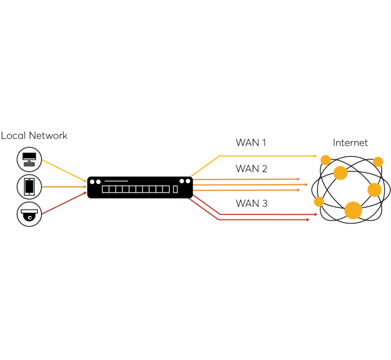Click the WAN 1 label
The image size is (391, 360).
coord(251,143)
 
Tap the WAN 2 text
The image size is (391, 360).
coord(251,168)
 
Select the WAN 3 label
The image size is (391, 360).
coord(251,203)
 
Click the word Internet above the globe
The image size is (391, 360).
coord(350,143)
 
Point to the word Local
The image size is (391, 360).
coord(13,136)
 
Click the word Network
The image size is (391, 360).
coord(48,136)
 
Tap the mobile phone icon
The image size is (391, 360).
coord(29,187)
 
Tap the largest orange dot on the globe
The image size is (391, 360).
coord(353,210)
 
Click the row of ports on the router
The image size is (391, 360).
coord(135,189)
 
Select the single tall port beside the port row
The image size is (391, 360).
coord(176,189)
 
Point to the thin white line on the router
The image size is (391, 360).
coord(116,181)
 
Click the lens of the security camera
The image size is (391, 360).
coord(29,217)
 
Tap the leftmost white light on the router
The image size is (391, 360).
coord(92,181)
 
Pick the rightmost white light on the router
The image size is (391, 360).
coord(188,181)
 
